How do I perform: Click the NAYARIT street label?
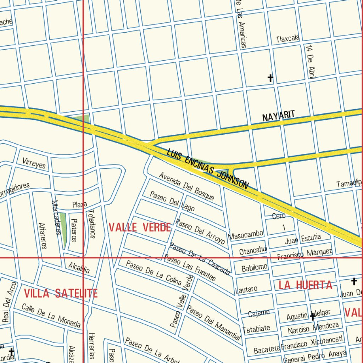278,116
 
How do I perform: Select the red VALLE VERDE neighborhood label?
140,227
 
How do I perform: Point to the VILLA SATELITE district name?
61,293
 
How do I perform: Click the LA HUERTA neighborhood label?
305,285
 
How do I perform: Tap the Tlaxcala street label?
288,38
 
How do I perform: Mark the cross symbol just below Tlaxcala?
270,78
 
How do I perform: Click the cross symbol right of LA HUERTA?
353,282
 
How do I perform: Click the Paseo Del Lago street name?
172,201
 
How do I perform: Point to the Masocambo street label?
246,234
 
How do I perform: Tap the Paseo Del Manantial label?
213,323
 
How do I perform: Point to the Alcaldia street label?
79,268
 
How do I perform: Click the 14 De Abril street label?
311,61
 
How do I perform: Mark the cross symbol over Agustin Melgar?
312,316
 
